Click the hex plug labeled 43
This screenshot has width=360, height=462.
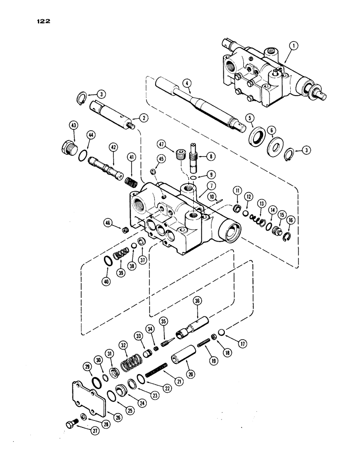[x=70, y=149]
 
